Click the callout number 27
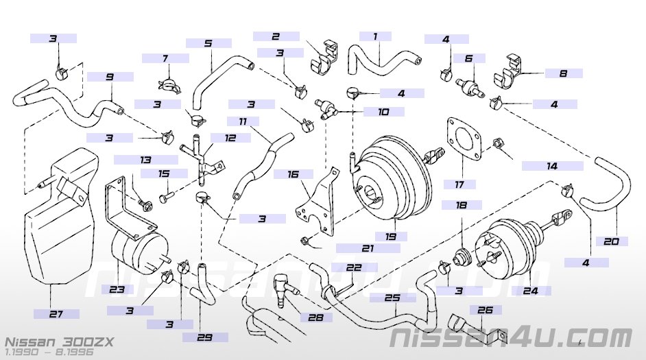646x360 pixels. (56, 314)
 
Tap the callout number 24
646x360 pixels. (531, 290)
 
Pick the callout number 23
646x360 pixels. (117, 289)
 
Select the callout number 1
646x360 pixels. (375, 36)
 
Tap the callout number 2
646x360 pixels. (276, 36)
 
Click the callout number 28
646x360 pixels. (315, 317)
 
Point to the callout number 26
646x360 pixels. (485, 310)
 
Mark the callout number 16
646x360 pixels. (293, 174)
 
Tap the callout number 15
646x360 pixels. (163, 174)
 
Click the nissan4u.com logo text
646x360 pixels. (512, 337)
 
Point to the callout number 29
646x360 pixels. (204, 337)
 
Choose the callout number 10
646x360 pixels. (382, 111)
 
